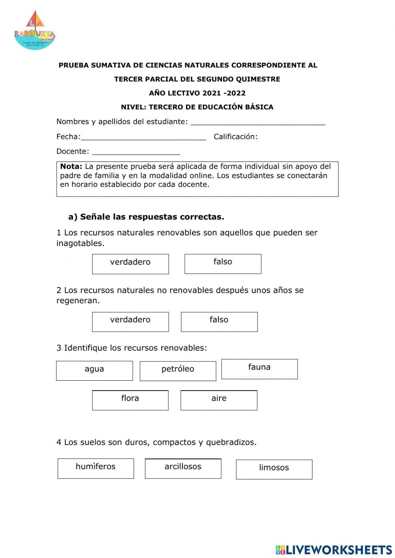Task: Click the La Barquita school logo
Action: tap(35, 31)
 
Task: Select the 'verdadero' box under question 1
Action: tap(130, 264)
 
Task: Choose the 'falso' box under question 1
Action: tap(223, 264)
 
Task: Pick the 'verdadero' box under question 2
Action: tap(130, 321)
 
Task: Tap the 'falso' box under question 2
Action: tap(219, 321)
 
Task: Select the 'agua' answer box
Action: tap(94, 370)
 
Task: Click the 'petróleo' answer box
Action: tap(178, 371)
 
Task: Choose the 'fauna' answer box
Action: tap(260, 369)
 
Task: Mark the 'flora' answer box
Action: tap(130, 400)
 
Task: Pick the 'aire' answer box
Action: tap(219, 400)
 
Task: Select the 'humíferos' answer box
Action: tap(96, 468)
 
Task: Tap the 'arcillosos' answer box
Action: tap(183, 468)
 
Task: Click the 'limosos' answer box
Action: tap(274, 469)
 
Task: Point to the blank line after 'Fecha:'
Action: tap(143, 138)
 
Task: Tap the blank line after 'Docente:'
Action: tap(136, 153)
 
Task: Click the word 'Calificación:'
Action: tap(235, 137)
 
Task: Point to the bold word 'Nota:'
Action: tap(71, 166)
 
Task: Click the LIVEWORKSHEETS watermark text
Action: tap(339, 550)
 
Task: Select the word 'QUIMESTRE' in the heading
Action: tap(259, 79)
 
